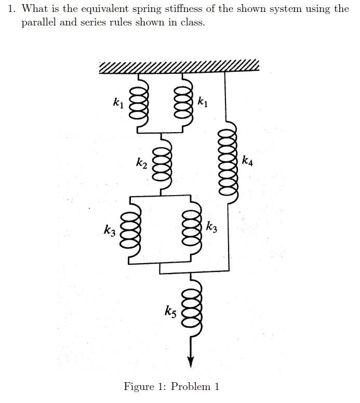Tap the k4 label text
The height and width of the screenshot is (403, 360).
click(248, 160)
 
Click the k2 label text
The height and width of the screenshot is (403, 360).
click(141, 164)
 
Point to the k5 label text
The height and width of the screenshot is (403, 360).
click(170, 312)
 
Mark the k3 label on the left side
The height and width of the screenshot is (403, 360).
click(109, 229)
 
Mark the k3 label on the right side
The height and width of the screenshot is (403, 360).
click(212, 227)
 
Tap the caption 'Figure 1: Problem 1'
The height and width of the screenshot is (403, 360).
click(171, 386)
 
